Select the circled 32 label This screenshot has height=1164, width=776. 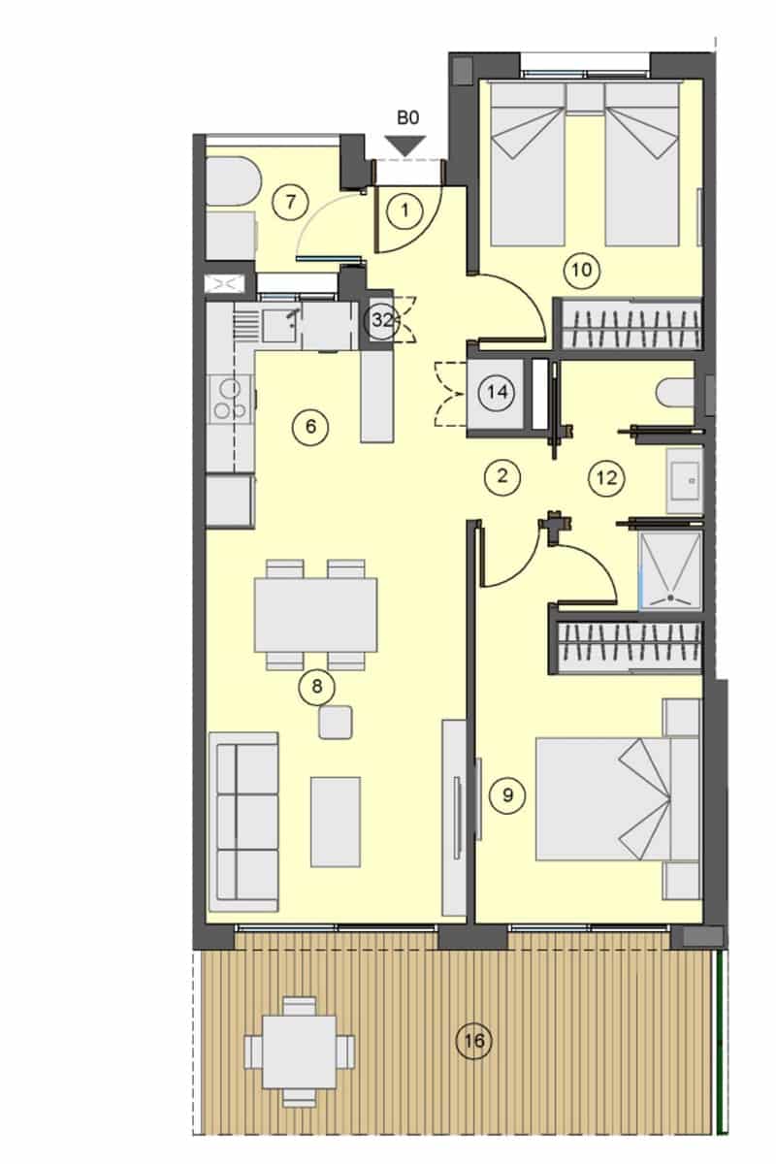[381, 321]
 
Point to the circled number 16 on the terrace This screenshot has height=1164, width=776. [473, 1042]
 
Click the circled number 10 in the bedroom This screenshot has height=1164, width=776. [581, 269]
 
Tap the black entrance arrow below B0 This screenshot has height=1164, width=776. [406, 145]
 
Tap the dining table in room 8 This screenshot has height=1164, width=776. [315, 615]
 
